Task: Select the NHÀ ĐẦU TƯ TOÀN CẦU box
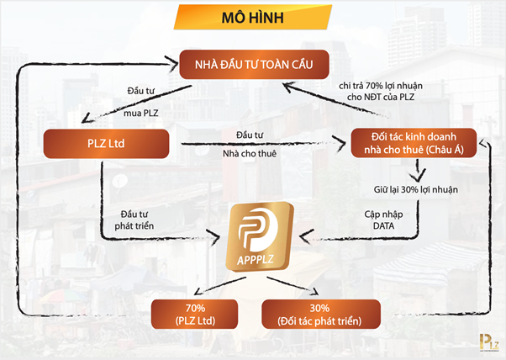(253, 63)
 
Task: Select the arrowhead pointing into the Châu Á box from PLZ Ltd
(342, 144)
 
